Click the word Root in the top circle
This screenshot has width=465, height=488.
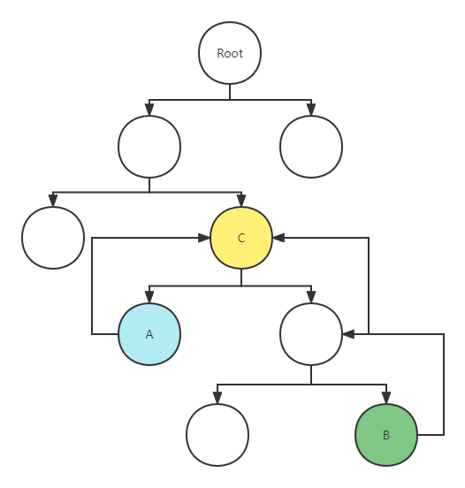(230, 53)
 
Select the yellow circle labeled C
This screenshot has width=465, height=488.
(241, 238)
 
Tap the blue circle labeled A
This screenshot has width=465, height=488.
(149, 334)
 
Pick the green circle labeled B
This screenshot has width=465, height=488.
(386, 435)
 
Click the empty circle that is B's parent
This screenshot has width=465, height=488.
(311, 334)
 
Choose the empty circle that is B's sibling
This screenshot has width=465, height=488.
(217, 435)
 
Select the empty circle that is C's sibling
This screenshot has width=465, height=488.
(53, 238)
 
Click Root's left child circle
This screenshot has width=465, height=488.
(149, 147)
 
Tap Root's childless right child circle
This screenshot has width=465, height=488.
(311, 147)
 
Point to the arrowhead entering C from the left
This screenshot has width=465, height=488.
(204, 238)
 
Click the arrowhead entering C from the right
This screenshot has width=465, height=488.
(278, 238)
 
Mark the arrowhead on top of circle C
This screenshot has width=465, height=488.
(241, 201)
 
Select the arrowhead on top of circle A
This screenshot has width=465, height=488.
(149, 297)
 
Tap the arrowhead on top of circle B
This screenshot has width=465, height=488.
(386, 398)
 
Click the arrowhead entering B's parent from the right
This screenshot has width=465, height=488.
(348, 334)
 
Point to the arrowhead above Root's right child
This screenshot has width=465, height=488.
(311, 110)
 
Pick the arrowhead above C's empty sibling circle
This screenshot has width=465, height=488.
(53, 201)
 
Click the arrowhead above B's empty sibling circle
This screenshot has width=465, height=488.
(217, 398)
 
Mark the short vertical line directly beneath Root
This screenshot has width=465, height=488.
(230, 92)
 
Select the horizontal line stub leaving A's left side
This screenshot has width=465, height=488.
(105, 334)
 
